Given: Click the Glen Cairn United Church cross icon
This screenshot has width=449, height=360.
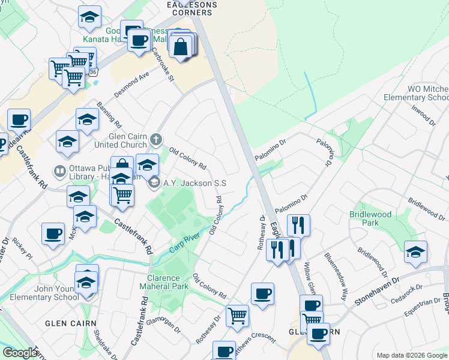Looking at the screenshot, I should pos(156,140).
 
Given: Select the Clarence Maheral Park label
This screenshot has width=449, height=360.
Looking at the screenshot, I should pos(168,282).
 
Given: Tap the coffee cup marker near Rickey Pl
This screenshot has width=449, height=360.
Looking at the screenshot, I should pos(53,233).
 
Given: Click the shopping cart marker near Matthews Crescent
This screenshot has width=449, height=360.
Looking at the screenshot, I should pos(238,315).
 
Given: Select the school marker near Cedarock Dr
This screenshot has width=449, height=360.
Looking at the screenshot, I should pos(415,252).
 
